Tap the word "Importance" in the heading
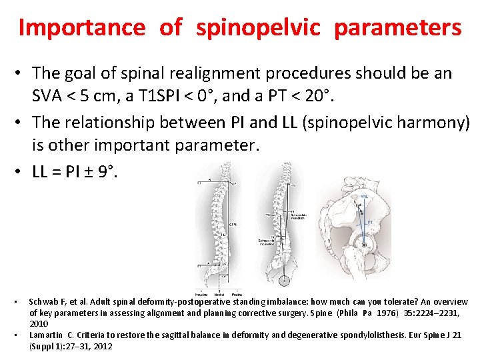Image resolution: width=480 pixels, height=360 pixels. tap(81, 27)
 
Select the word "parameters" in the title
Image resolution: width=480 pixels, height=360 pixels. tap(397, 27)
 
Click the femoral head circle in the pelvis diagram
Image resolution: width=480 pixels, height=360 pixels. tap(364, 245)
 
